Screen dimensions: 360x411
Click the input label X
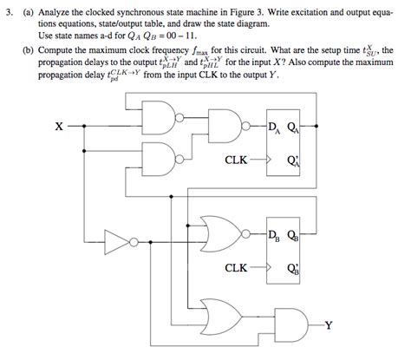(x=58, y=127)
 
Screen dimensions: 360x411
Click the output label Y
(x=355, y=327)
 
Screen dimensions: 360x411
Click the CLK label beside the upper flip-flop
(x=236, y=160)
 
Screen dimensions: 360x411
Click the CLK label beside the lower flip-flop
(x=236, y=268)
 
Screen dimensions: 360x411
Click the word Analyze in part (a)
(x=62, y=9)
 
